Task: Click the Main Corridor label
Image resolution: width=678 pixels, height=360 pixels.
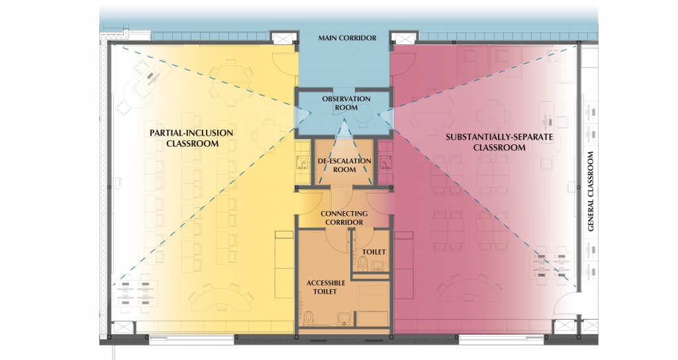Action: tap(347, 38)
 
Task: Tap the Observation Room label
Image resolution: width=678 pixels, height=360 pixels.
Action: tap(346, 103)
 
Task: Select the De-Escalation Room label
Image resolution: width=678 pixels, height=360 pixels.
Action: tap(346, 165)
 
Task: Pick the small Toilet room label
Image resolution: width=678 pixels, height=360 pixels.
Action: tap(374, 252)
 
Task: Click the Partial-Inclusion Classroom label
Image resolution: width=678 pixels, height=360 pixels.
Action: tap(191, 138)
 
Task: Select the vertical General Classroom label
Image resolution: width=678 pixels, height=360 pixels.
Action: tap(591, 192)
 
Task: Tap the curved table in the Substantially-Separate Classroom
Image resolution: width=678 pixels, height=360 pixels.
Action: tap(470, 292)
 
